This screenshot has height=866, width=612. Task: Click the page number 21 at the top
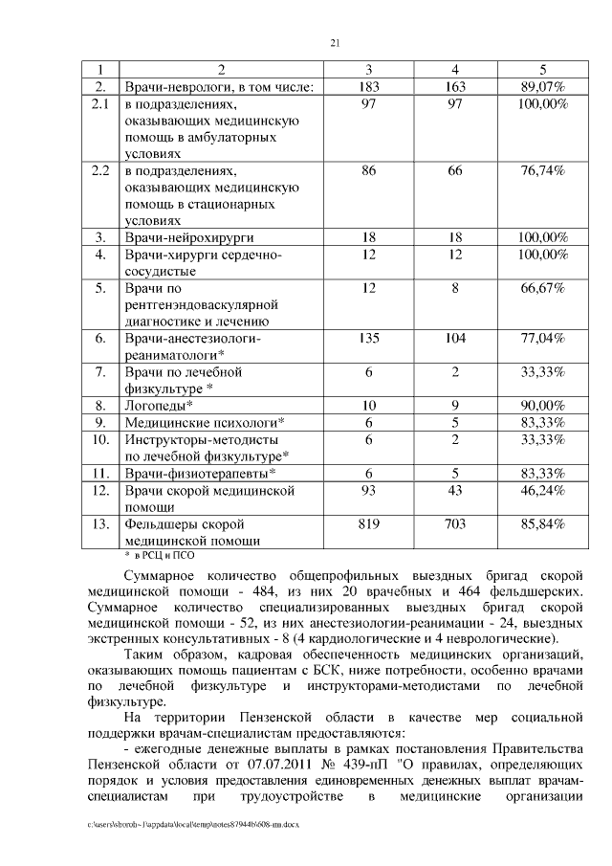(x=335, y=42)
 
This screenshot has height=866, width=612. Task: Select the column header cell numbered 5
(x=542, y=70)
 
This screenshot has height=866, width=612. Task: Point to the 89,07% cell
(x=542, y=86)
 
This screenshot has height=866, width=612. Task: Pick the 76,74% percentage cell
(x=542, y=170)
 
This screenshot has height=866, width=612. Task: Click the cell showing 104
(x=455, y=338)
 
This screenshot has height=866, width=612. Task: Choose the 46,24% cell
(x=542, y=490)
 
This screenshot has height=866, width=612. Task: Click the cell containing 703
(x=455, y=523)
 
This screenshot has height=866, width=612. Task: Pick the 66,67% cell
(x=542, y=287)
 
